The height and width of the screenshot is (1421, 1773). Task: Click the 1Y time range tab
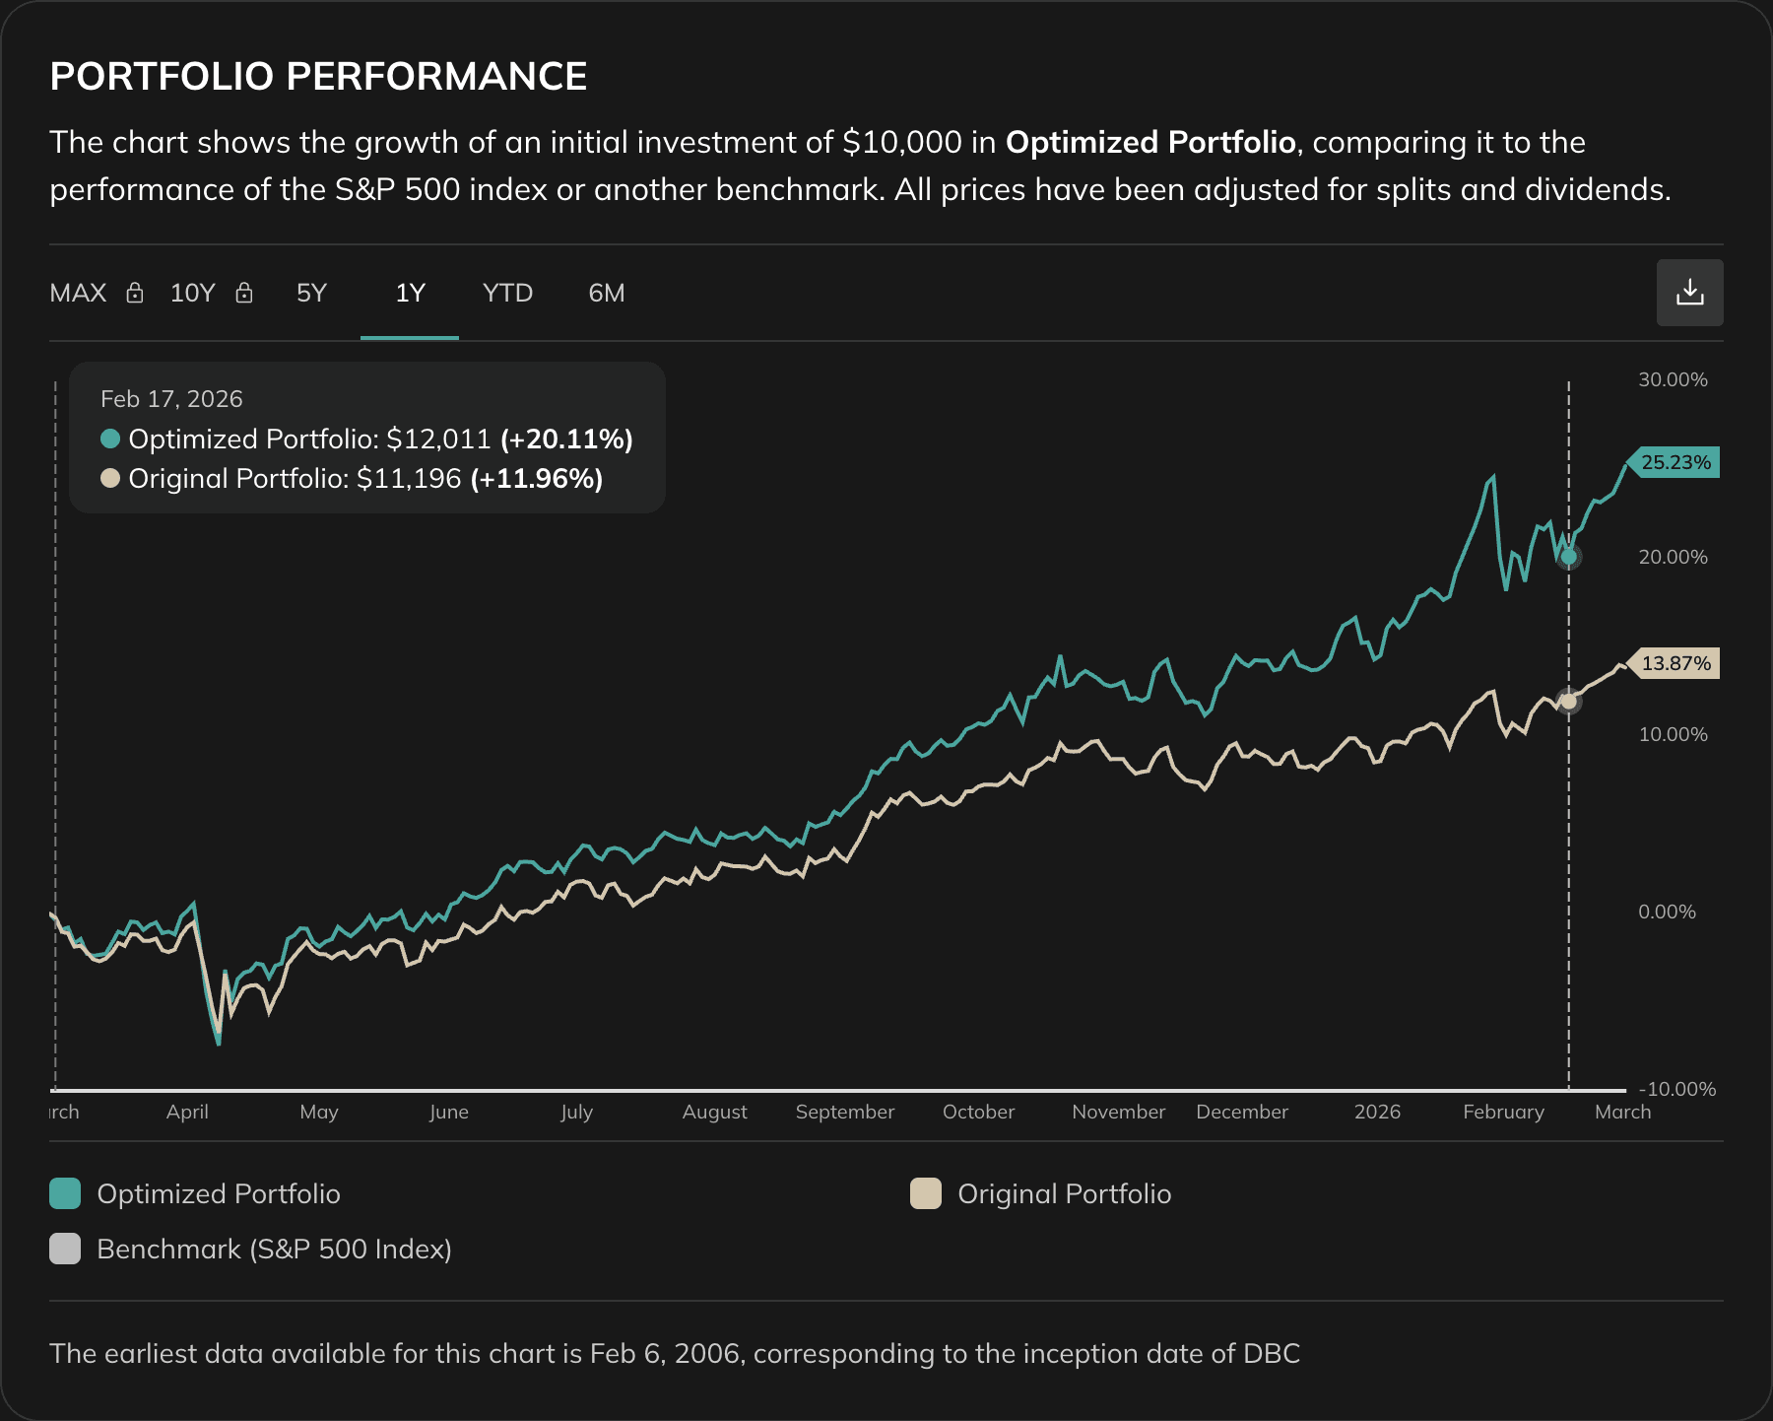410,294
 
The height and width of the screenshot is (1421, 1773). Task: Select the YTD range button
507,294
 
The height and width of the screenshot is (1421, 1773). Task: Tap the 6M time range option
606,294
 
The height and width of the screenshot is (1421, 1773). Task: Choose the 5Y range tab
311,294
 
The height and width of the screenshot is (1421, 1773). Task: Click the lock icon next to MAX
135,294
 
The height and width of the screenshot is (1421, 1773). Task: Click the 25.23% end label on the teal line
1674,462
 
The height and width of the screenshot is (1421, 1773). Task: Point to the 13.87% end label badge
1674,663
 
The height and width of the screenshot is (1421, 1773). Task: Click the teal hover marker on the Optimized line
1569,557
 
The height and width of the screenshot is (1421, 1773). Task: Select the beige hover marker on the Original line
1569,702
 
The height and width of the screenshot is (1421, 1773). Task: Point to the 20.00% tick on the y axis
1673,557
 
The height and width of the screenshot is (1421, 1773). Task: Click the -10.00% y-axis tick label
1676,1089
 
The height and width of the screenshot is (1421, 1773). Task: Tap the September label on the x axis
844,1112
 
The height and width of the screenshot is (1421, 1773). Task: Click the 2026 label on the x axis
1376,1112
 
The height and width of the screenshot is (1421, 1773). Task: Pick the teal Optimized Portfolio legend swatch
65,1193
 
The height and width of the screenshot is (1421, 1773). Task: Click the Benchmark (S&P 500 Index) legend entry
273,1249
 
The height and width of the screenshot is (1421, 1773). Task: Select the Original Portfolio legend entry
1064,1193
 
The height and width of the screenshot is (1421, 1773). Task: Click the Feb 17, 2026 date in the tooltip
171,399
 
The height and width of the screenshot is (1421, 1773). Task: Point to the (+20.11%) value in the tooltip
566,440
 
